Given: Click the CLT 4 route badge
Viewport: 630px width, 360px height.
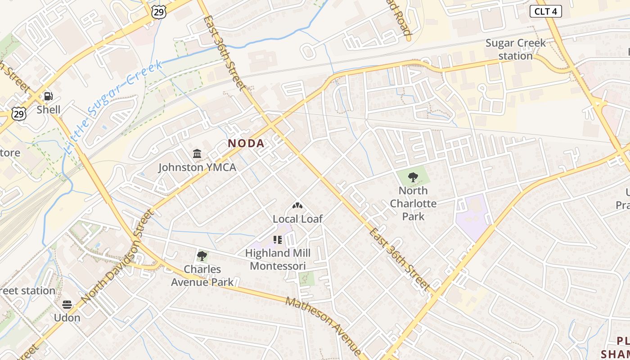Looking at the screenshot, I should coord(545,11).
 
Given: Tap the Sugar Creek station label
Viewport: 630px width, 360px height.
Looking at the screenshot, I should coord(515,49).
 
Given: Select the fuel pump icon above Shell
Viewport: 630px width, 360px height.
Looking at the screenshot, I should coord(48,96).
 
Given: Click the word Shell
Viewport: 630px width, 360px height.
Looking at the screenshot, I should coord(48,110).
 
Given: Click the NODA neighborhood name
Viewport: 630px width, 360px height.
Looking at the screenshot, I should coord(246,143).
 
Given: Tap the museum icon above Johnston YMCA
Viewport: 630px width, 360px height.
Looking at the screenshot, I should coord(197,154).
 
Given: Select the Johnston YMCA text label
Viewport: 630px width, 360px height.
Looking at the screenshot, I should coord(197,167).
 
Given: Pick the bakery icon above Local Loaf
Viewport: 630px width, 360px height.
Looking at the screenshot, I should coord(297,206).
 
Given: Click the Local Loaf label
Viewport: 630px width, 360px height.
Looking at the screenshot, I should coord(297,219).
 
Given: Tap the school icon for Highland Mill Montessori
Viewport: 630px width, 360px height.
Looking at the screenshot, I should coord(277,240).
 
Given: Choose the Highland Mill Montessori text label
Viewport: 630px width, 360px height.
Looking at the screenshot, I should coord(278,259).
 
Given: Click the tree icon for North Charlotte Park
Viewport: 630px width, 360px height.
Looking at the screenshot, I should coord(413,177).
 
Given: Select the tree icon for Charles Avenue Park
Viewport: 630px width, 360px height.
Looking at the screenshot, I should coord(202,256).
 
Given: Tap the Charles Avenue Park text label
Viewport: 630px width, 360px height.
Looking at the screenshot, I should coord(202,275).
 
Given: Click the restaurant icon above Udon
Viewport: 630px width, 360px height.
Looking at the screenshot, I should coord(67,305).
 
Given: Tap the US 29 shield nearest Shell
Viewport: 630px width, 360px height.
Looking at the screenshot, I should coord(19,114).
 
